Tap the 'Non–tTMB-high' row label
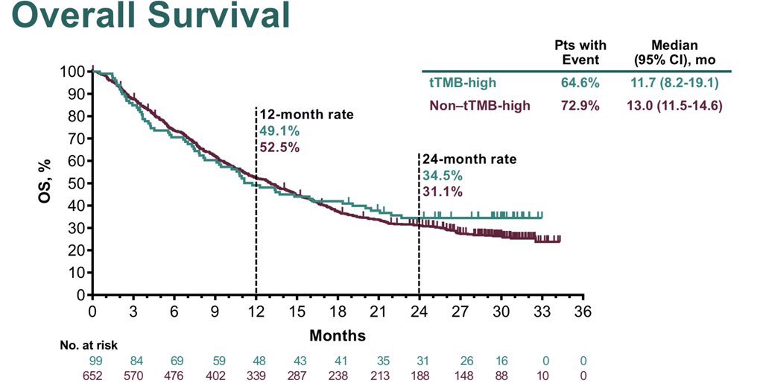click(480, 106)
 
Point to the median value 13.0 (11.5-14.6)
click(674, 106)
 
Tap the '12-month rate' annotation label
click(306, 116)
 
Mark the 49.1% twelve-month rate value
click(279, 131)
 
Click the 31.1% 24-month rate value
click(443, 192)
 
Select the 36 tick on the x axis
click(583, 311)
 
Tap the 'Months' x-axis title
click(338, 335)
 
